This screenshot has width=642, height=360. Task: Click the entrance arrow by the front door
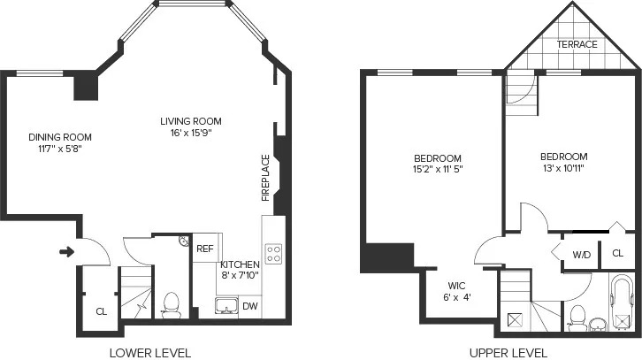66,252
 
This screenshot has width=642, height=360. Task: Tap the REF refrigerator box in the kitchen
205,249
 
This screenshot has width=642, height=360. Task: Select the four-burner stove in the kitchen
274,254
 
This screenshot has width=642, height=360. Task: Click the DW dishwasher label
250,307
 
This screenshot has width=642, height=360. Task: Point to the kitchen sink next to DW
225,307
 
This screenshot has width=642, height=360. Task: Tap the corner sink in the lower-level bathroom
182,241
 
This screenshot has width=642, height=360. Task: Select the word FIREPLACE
265,178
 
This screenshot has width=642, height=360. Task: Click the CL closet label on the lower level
102,311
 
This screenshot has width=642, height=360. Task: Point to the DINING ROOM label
60,137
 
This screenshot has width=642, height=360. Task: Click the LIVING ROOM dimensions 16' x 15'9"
190,133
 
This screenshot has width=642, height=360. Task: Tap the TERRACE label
577,44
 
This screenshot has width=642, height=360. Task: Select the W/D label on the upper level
581,255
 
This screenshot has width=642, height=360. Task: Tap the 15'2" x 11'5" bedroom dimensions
437,168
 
